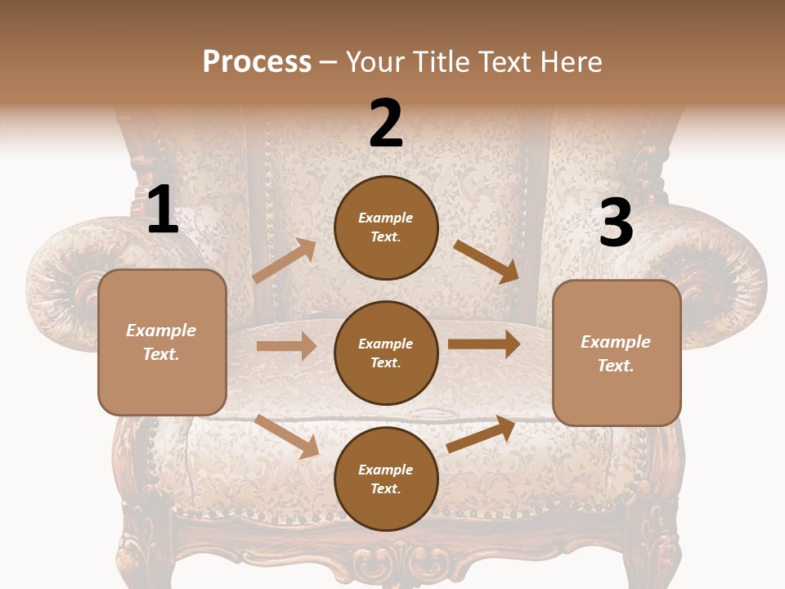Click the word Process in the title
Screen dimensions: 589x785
[x=257, y=61]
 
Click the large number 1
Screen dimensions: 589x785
[x=163, y=210]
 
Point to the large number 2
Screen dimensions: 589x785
[x=386, y=124]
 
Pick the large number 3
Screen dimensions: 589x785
[x=616, y=223]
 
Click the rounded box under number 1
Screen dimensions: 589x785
[x=162, y=342]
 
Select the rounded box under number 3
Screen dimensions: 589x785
[x=617, y=353]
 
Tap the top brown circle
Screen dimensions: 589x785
[x=386, y=227]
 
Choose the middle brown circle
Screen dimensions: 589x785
[x=386, y=353]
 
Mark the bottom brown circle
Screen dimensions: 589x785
[x=386, y=479]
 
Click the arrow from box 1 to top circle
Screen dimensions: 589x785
[x=284, y=261]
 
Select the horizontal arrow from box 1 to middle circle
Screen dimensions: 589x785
[x=286, y=346]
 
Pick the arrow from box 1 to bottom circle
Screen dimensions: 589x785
[x=287, y=435]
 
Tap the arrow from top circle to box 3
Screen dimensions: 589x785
[x=487, y=261]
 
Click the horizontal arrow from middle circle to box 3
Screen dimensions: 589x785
[x=484, y=344]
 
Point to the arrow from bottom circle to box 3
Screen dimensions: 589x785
[x=481, y=434]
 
